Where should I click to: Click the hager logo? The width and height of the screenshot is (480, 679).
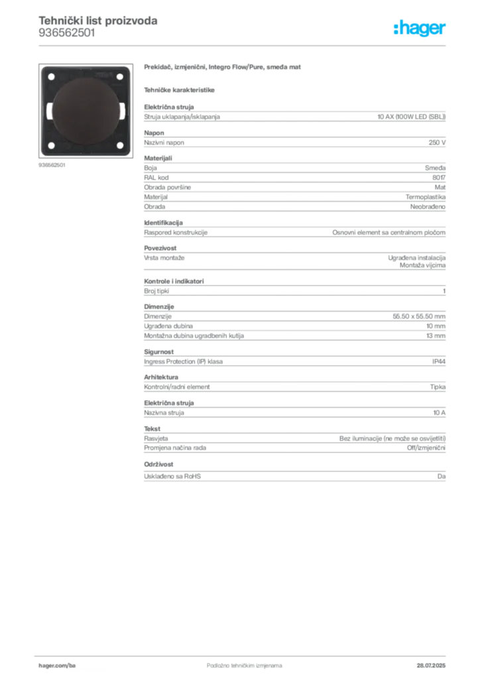419,28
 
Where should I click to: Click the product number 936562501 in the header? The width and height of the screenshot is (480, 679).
67,33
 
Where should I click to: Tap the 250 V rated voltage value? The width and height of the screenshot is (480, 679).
437,143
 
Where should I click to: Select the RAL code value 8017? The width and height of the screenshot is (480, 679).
439,178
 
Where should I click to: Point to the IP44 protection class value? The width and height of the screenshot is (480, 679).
439,361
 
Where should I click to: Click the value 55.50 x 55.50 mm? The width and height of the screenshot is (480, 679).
419,316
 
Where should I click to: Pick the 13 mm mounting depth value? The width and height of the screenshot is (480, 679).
436,336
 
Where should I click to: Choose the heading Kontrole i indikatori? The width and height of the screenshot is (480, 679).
174,281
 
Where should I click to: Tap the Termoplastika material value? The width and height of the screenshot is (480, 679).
426,197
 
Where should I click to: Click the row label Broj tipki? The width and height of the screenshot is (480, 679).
156,291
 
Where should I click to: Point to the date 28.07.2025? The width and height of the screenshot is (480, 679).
431,666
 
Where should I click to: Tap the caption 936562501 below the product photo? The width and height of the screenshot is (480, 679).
52,165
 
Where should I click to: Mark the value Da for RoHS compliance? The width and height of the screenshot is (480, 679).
442,476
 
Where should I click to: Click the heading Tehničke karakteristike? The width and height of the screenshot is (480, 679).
179,90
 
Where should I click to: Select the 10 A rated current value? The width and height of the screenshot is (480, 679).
440,412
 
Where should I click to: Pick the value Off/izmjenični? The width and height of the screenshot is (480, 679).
426,448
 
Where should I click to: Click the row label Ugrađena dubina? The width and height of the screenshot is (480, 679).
168,326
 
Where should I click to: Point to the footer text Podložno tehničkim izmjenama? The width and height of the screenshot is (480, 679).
244,666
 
